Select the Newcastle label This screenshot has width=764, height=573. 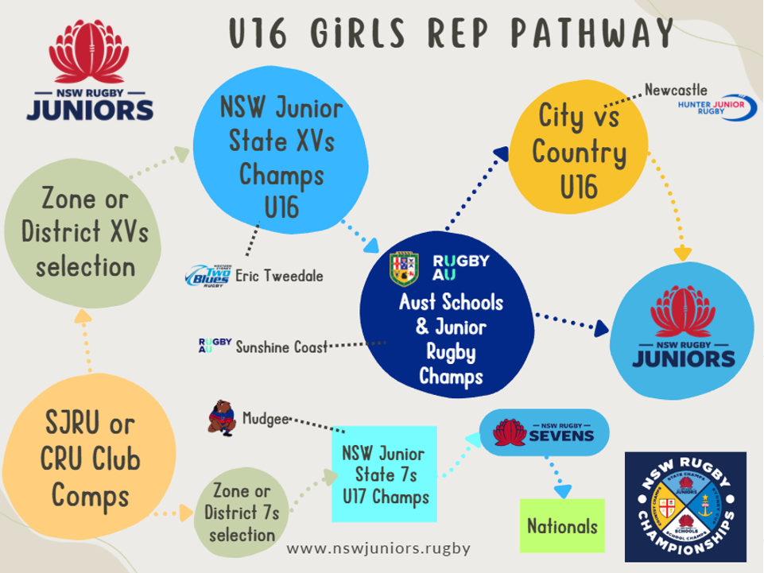(676, 90)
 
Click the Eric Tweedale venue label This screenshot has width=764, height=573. (279, 276)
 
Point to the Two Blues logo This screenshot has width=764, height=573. (208, 275)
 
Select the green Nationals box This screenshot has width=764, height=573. (561, 525)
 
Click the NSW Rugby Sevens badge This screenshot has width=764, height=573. (545, 432)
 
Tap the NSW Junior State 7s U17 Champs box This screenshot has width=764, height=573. (384, 475)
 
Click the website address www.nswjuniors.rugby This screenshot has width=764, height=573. (378, 548)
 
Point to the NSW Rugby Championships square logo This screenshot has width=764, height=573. (685, 507)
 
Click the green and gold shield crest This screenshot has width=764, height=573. (404, 269)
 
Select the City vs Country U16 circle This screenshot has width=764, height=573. (579, 151)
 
